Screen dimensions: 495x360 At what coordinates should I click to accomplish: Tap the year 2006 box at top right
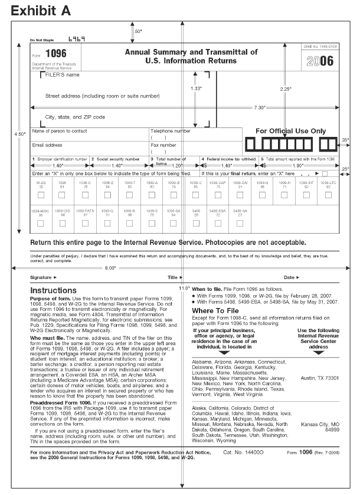321,61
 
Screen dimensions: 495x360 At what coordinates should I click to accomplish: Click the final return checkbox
325,174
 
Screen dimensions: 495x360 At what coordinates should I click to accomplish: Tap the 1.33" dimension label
197,88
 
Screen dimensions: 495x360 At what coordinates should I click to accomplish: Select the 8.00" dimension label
110,267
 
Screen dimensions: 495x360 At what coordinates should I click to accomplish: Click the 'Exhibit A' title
40,11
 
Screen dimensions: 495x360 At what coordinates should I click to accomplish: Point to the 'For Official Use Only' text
290,131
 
